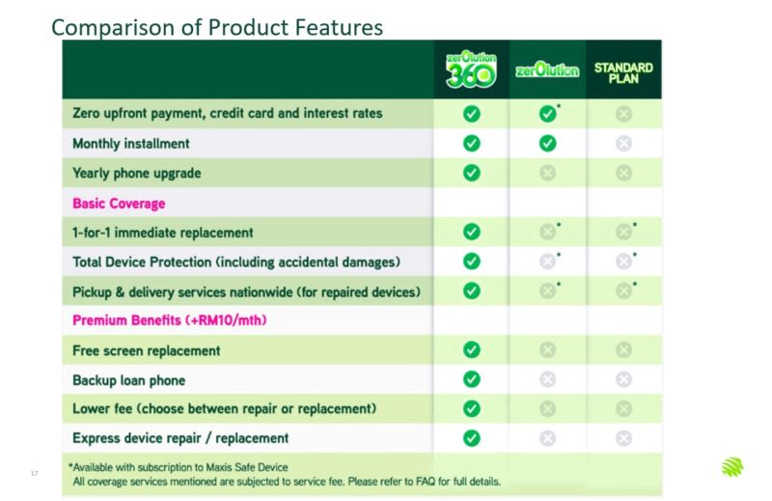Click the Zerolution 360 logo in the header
click(x=471, y=70)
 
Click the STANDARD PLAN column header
click(x=623, y=73)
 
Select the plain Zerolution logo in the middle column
click(x=547, y=70)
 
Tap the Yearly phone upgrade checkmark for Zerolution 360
click(x=471, y=173)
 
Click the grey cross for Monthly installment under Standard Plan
click(x=623, y=144)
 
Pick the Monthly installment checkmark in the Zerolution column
click(x=547, y=144)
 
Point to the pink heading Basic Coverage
click(x=119, y=204)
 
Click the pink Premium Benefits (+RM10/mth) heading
click(x=170, y=320)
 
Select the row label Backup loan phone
click(x=129, y=380)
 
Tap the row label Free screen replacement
click(x=147, y=350)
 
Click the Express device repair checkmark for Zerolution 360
click(x=471, y=438)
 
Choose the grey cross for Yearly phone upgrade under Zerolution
click(x=547, y=173)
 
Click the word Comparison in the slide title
click(x=113, y=28)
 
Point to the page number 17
click(x=34, y=473)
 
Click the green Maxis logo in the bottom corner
click(x=732, y=467)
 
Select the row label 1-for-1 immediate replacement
click(x=162, y=233)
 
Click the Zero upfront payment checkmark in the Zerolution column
click(x=547, y=114)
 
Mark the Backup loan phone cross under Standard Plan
click(x=623, y=379)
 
